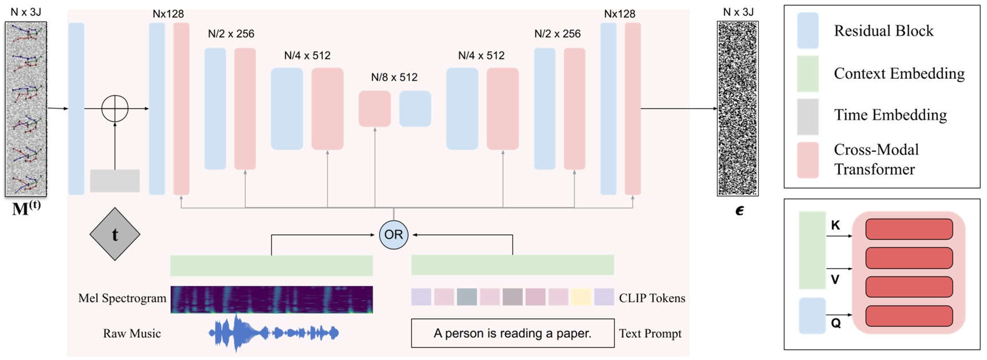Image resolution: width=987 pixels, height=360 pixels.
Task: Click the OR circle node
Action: coord(393,234)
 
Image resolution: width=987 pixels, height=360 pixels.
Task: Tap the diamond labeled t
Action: coord(115,234)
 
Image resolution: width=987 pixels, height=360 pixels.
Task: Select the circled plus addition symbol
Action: coord(115,109)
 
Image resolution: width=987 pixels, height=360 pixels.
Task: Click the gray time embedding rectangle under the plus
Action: coord(115,181)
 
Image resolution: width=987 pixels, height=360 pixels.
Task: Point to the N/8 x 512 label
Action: coord(394,77)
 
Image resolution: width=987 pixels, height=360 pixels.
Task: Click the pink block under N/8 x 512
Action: coord(374,109)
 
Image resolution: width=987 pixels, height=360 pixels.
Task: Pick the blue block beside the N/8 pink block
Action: coord(415,109)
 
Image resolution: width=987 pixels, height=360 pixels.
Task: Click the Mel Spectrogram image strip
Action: coord(271,299)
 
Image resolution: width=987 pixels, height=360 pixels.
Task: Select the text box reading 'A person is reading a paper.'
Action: coord(513,333)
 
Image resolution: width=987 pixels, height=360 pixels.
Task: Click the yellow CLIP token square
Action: coord(581,297)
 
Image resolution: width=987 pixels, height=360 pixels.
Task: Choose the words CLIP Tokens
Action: coord(652,298)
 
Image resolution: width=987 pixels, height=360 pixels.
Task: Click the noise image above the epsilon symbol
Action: coord(738,109)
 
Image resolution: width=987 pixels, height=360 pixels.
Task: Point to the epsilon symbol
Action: coord(740,211)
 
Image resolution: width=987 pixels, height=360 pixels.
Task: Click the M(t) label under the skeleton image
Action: coord(26,209)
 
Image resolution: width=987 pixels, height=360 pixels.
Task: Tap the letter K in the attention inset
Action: coord(836,225)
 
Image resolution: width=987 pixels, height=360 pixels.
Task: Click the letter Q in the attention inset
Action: coord(836,323)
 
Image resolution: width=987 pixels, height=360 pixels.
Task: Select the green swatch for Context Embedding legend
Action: coord(808,74)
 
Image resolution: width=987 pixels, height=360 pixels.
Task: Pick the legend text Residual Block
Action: coord(884,31)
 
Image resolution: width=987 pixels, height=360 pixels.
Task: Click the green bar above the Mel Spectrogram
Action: coord(271,266)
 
